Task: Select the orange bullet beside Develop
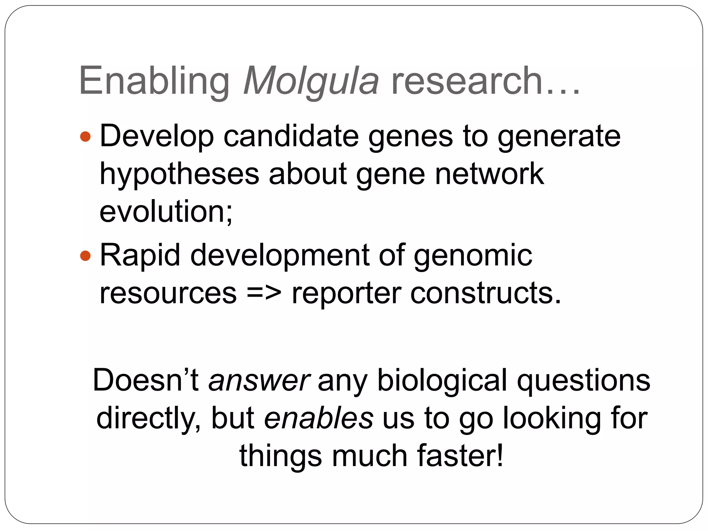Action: click(85, 137)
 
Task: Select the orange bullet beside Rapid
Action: click(85, 256)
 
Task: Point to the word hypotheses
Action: click(179, 175)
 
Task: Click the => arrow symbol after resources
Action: click(264, 294)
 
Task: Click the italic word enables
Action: click(318, 418)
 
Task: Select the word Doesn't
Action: click(146, 381)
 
